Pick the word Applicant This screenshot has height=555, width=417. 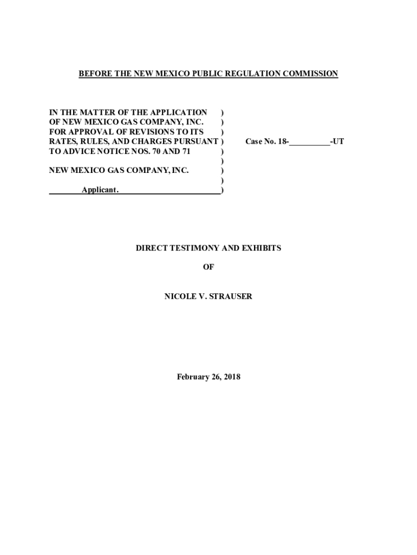click(x=101, y=190)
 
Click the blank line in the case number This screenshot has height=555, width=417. click(x=310, y=142)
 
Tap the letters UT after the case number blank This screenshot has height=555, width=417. click(x=338, y=141)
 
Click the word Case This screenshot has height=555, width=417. click(x=255, y=141)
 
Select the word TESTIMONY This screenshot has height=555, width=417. click(x=194, y=248)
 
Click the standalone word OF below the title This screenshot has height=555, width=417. click(x=208, y=267)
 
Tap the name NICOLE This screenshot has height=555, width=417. click(x=179, y=296)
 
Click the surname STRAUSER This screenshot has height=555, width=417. click(x=231, y=296)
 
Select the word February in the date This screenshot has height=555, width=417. click(x=193, y=377)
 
